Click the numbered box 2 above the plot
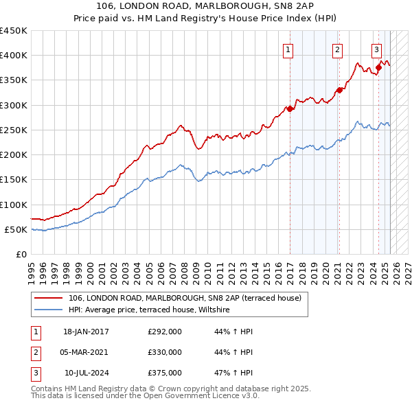tap(338, 49)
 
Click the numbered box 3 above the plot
tap(377, 49)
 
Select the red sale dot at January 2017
tap(290, 108)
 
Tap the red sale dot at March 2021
tap(339, 90)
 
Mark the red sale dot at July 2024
tap(378, 67)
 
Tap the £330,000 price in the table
tap(165, 352)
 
